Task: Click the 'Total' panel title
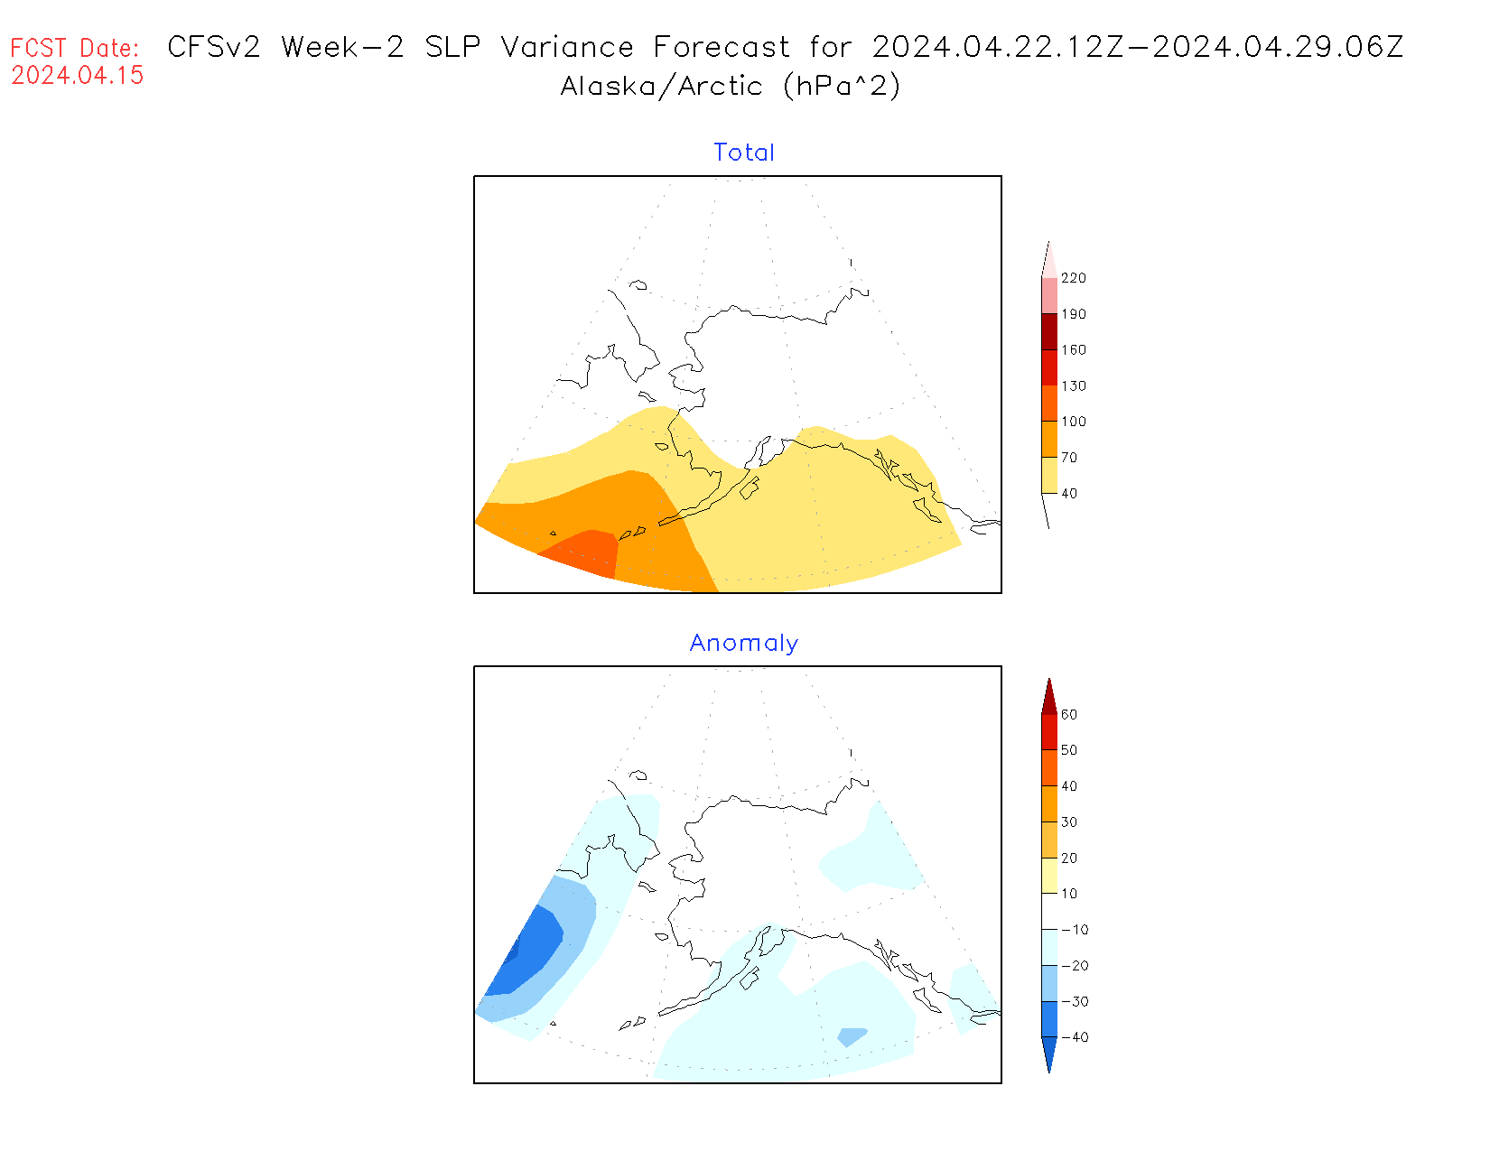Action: (x=743, y=153)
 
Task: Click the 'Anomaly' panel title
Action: (x=743, y=643)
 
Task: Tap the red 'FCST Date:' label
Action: (x=75, y=48)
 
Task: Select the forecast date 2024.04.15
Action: (x=78, y=76)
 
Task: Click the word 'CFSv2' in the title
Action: (x=214, y=47)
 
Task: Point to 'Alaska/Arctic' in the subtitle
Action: (x=661, y=87)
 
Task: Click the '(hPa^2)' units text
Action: (x=842, y=87)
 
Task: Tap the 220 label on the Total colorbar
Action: (x=1073, y=278)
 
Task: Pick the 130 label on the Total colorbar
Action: (x=1073, y=385)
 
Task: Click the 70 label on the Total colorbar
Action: (x=1069, y=458)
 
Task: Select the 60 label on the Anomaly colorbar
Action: (x=1069, y=714)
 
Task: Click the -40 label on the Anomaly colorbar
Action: (x=1075, y=1037)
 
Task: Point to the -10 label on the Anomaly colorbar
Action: (x=1075, y=930)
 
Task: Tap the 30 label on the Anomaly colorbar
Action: (x=1069, y=821)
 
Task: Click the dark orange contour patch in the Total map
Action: (x=582, y=551)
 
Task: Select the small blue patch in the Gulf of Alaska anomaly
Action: (x=852, y=1036)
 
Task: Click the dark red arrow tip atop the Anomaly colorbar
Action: (x=1049, y=696)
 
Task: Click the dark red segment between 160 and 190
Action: (x=1049, y=331)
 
